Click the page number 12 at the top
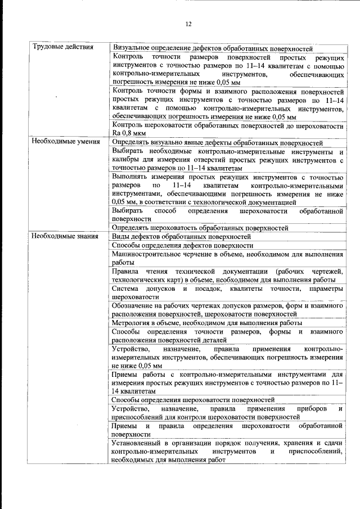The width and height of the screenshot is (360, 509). tap(188, 24)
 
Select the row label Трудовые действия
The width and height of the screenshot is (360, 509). tap(62, 47)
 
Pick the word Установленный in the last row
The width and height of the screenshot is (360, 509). tap(139, 443)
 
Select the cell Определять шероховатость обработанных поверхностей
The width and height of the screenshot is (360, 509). tap(200, 228)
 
